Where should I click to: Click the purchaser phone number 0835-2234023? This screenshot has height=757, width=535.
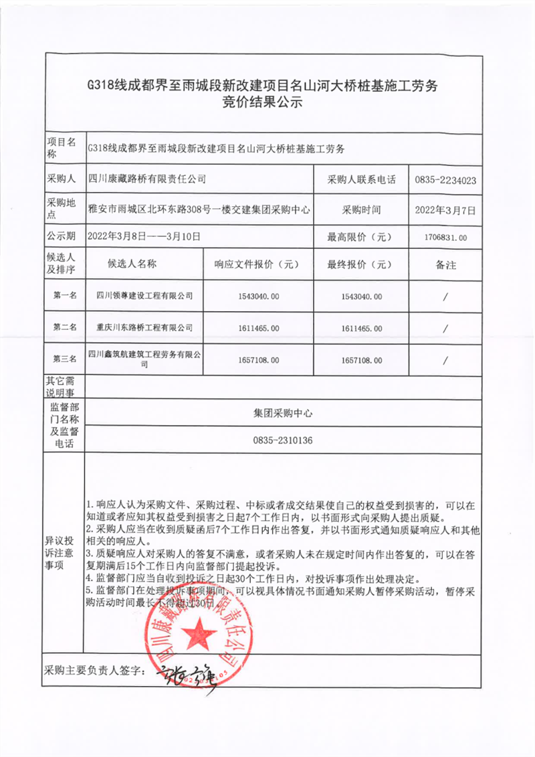[445, 180]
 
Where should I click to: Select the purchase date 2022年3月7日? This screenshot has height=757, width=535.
[445, 209]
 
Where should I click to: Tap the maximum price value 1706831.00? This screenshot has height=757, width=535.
[445, 237]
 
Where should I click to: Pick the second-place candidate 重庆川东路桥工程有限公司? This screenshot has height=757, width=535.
[144, 328]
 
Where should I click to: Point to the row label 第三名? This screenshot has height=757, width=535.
[65, 360]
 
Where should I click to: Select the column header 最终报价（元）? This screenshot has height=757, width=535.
[360, 264]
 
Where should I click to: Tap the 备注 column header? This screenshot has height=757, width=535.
[445, 265]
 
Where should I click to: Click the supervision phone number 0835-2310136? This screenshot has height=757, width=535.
[283, 440]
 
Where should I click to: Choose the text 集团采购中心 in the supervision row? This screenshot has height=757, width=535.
[283, 414]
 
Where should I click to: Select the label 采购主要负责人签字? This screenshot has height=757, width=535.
[94, 670]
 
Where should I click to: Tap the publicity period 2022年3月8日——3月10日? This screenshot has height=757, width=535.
[144, 236]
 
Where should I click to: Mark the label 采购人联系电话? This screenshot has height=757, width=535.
[361, 180]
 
